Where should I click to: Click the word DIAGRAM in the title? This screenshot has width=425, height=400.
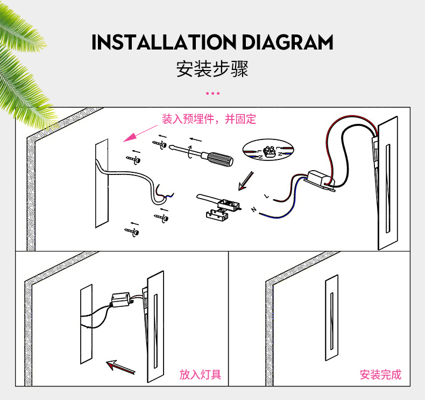click(x=287, y=43)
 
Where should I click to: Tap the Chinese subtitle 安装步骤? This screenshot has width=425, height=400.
click(x=212, y=68)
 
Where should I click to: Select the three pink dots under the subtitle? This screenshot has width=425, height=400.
click(x=212, y=93)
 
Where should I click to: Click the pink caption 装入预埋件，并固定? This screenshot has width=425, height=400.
click(x=209, y=119)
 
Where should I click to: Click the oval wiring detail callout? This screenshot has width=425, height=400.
click(x=268, y=150)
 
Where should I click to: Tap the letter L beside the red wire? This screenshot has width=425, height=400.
click(x=267, y=196)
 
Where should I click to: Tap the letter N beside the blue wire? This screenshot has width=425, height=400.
click(x=254, y=209)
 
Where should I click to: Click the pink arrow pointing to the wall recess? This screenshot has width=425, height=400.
click(x=140, y=133)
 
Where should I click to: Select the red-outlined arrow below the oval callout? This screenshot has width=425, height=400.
click(x=246, y=181)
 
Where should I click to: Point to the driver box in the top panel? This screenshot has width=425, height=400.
click(x=321, y=179)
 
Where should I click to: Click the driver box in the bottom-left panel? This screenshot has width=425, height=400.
click(x=120, y=300)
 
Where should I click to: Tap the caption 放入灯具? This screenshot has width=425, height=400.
click(x=200, y=375)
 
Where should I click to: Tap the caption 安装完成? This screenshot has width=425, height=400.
click(x=380, y=375)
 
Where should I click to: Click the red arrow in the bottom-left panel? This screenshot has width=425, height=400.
click(x=121, y=367)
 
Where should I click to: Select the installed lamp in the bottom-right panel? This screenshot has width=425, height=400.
click(x=332, y=318)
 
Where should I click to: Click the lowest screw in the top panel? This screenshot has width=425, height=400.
click(x=132, y=232)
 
